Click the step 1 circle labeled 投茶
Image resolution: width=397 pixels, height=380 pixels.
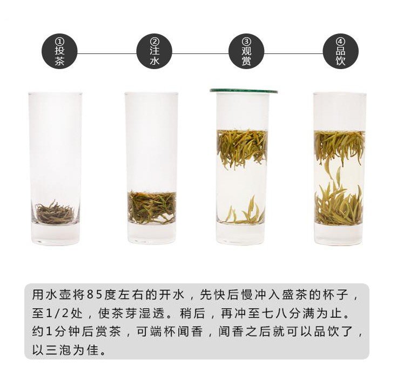click(59, 51)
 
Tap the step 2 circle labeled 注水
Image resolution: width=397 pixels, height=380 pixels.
click(154, 51)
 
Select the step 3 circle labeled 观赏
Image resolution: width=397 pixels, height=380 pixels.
click(246, 51)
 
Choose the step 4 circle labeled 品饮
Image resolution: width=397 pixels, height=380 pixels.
click(340, 51)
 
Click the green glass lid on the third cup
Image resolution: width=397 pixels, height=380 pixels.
click(244, 91)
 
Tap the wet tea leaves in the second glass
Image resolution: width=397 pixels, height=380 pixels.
click(152, 208)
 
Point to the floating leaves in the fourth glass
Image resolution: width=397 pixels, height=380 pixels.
click(340, 147)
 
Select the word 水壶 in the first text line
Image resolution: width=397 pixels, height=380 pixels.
click(59, 295)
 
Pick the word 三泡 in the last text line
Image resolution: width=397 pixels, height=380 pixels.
click(59, 350)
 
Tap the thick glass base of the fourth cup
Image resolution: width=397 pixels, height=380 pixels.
click(339, 234)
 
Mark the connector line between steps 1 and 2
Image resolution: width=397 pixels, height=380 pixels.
click(107, 53)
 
